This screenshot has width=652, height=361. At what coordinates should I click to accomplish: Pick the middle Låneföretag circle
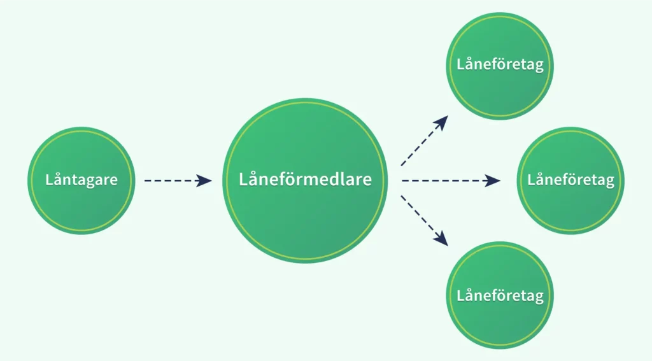point(570,204)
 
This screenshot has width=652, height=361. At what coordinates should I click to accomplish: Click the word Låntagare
point(81,180)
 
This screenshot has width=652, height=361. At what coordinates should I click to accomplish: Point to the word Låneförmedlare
point(305,180)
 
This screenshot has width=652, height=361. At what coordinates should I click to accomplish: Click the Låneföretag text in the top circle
point(500,65)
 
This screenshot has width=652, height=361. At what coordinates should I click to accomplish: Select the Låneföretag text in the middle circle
point(570,180)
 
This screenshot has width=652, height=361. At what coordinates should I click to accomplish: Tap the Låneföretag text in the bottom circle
point(500,296)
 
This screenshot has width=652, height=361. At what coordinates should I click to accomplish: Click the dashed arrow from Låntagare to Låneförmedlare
point(172,181)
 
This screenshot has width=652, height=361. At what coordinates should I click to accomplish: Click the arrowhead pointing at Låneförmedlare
point(204,181)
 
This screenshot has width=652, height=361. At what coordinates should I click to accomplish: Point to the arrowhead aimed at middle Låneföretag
point(493,181)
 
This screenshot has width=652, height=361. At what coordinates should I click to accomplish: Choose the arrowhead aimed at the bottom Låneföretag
point(441,239)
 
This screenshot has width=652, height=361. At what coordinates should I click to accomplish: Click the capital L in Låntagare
point(50,180)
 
